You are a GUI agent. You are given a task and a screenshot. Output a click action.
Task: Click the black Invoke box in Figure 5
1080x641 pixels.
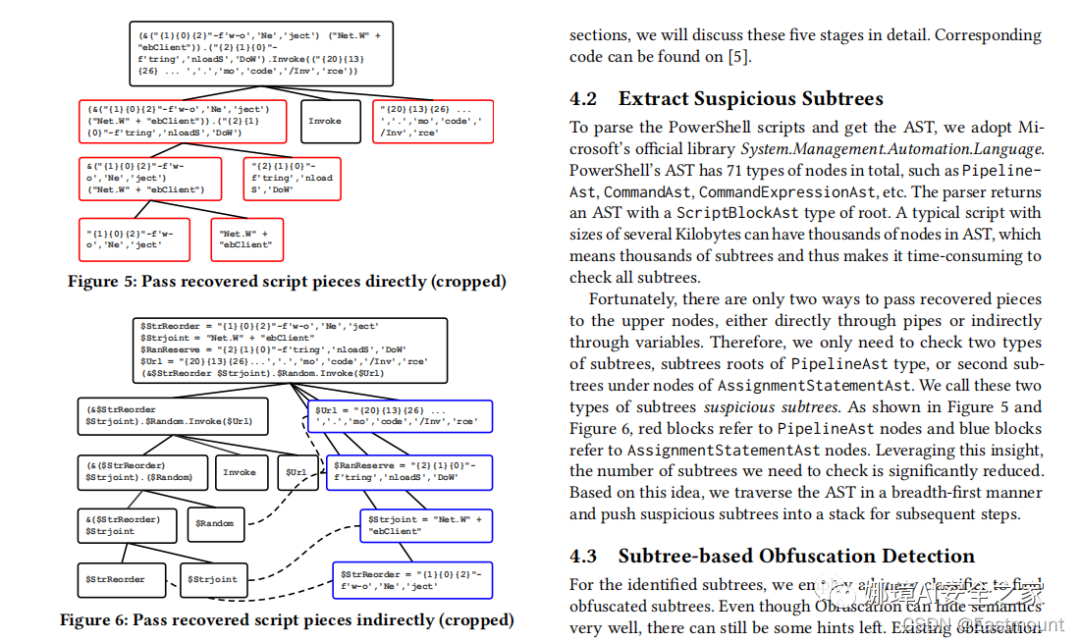[325, 121]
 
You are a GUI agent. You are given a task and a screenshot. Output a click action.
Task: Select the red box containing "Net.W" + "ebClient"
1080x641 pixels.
[246, 239]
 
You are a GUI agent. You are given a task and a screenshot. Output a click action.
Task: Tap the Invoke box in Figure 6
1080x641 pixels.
[239, 473]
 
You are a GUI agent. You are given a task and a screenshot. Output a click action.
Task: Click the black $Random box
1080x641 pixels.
[215, 523]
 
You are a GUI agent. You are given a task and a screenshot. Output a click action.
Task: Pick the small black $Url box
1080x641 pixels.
[296, 473]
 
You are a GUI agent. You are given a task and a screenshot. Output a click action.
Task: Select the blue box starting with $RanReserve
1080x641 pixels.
[410, 473]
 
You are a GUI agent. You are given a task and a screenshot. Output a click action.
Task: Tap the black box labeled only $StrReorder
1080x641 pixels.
[115, 580]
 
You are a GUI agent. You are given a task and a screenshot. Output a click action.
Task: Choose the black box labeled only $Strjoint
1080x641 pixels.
[213, 580]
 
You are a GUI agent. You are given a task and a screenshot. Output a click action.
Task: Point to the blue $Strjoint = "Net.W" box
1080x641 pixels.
[426, 525]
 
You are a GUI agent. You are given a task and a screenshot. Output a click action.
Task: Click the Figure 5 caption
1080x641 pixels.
[287, 281]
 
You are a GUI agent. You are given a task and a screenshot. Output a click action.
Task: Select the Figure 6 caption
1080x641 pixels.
[287, 620]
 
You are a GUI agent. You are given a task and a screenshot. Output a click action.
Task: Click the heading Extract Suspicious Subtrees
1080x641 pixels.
[750, 99]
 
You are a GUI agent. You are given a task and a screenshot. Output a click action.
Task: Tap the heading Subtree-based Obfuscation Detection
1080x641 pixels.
[796, 556]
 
